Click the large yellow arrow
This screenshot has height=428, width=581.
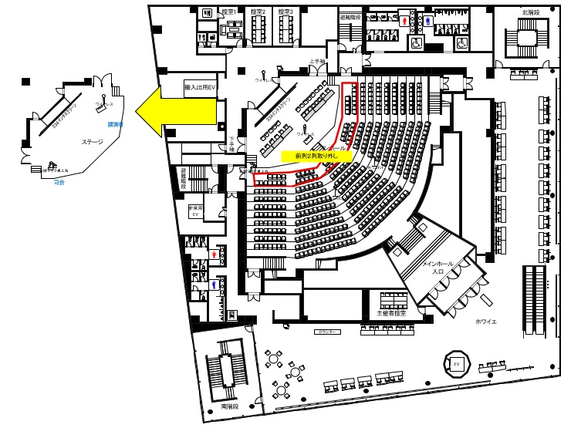pyautogui.click(x=174, y=111)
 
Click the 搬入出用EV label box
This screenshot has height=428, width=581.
pyautogui.click(x=201, y=88)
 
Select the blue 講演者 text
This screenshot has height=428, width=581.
pyautogui.click(x=116, y=123)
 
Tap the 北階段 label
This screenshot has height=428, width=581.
pyautogui.click(x=530, y=12)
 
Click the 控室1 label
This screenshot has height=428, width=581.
pyautogui.click(x=228, y=12)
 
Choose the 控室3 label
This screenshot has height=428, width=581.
pyautogui.click(x=285, y=12)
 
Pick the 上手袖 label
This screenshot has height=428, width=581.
pyautogui.click(x=316, y=61)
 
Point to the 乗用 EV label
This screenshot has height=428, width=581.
pyautogui.click(x=195, y=211)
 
